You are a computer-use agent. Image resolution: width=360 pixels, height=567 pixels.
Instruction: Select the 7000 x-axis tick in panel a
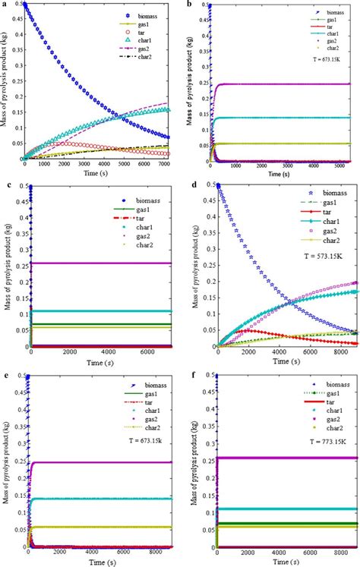(x=165, y=165)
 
